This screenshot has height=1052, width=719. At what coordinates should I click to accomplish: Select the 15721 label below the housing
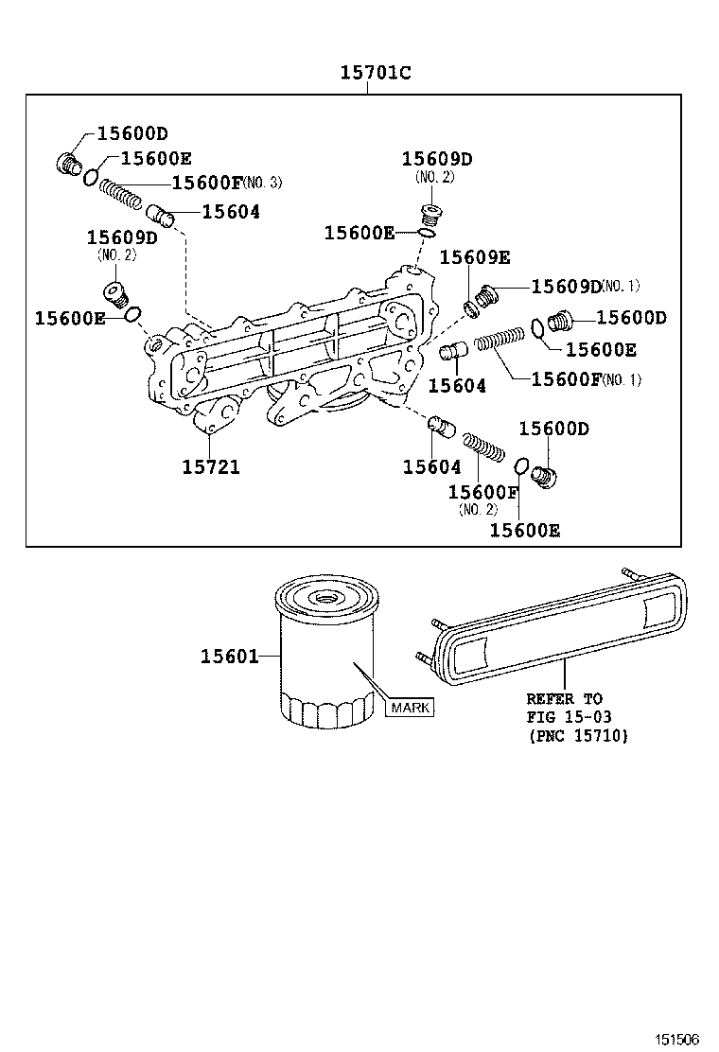[210, 466]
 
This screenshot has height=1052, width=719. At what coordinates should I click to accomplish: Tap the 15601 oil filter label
[229, 656]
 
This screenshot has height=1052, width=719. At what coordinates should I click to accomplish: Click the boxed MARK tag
[410, 707]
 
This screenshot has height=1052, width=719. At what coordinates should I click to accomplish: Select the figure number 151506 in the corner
[678, 1039]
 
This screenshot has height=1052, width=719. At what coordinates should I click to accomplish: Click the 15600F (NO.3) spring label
[225, 184]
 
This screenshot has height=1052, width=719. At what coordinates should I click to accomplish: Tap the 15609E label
[475, 257]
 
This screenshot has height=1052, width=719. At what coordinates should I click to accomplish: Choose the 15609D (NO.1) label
[585, 286]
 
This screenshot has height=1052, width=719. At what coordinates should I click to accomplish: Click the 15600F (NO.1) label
[587, 379]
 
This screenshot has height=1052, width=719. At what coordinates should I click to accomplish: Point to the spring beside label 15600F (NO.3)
[121, 194]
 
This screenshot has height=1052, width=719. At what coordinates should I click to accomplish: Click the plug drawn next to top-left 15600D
[68, 165]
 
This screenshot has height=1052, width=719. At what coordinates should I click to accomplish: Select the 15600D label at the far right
[631, 318]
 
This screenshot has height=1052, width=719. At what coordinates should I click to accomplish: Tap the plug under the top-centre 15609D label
[430, 214]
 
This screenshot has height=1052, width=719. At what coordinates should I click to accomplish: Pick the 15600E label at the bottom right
[524, 531]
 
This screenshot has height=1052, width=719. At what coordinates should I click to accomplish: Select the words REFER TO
[564, 699]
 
